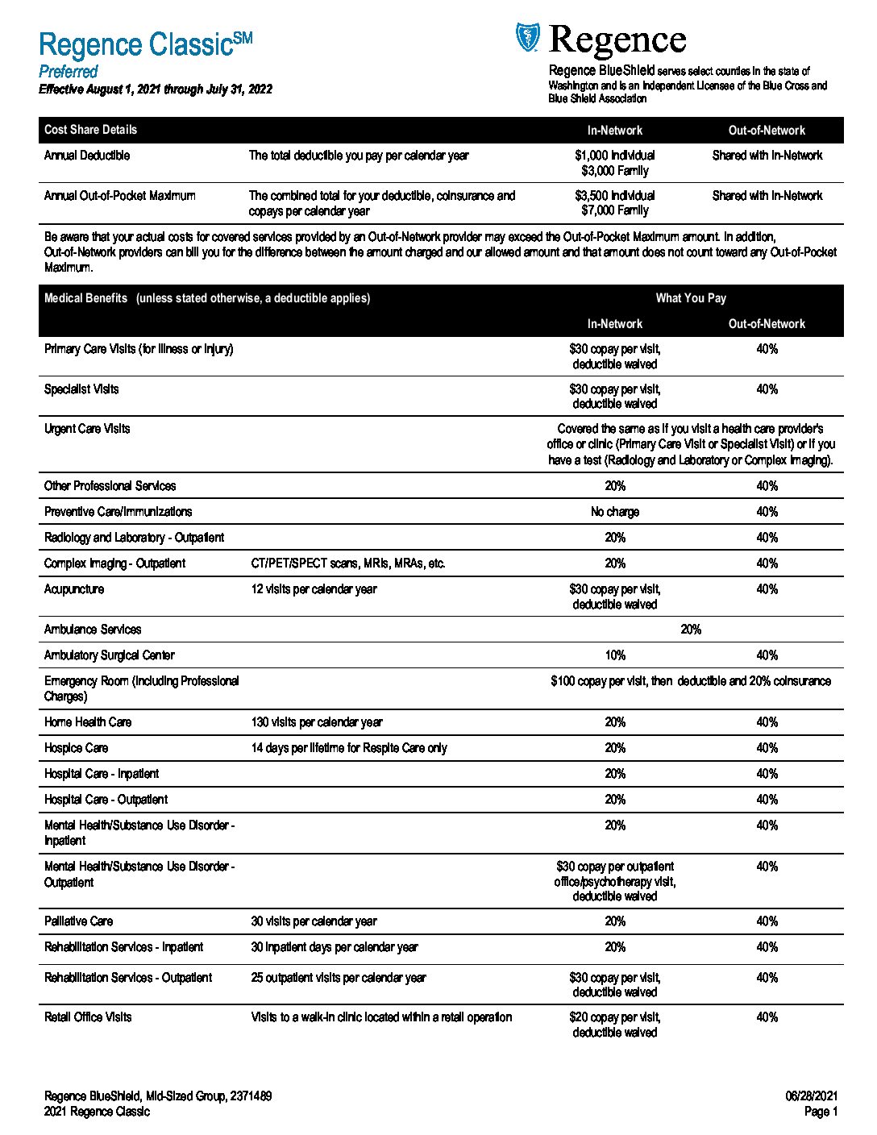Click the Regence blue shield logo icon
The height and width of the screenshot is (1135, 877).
527,37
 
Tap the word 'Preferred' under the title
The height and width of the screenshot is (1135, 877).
69,72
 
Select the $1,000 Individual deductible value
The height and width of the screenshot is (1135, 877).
615,156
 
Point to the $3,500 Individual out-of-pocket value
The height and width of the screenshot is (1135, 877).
615,196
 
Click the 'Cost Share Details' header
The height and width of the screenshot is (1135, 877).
90,130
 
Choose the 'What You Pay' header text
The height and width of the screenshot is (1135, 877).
691,298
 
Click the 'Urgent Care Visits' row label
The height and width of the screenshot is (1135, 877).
87,429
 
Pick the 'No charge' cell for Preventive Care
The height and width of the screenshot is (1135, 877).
615,512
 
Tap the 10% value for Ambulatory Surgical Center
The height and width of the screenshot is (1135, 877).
615,655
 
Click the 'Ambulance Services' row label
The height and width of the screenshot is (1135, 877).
93,630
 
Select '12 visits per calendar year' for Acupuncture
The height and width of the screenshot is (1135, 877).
314,589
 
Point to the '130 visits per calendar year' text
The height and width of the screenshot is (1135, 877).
317,722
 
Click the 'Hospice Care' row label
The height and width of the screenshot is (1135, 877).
76,748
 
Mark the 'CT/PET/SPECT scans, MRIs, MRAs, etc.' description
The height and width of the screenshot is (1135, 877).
348,563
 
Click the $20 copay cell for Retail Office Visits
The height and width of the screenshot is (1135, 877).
615,1025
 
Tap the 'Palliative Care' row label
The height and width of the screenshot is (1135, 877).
79,921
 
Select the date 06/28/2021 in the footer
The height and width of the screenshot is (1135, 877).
812,1096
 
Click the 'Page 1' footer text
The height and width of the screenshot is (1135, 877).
821,1112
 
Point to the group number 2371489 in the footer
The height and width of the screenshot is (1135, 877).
251,1096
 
